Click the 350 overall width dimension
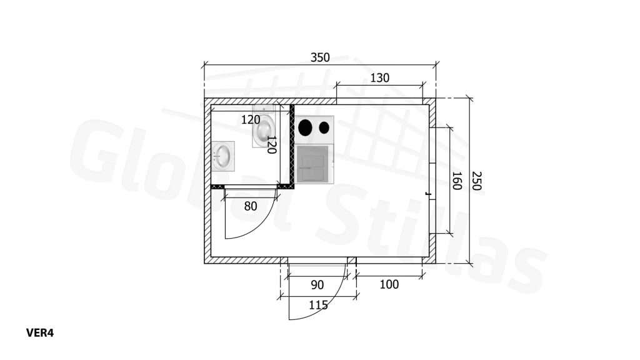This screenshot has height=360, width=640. (320, 57)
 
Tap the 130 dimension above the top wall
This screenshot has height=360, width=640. (379, 78)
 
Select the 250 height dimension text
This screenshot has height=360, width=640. (476, 181)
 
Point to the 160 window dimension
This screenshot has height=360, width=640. (456, 181)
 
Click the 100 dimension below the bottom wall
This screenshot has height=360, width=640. (389, 284)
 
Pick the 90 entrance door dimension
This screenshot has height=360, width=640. (317, 285)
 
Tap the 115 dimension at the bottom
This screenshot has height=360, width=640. (318, 305)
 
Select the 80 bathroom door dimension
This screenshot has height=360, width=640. (251, 206)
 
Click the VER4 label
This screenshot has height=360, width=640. (40, 333)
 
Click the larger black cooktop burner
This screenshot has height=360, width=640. (305, 127)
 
